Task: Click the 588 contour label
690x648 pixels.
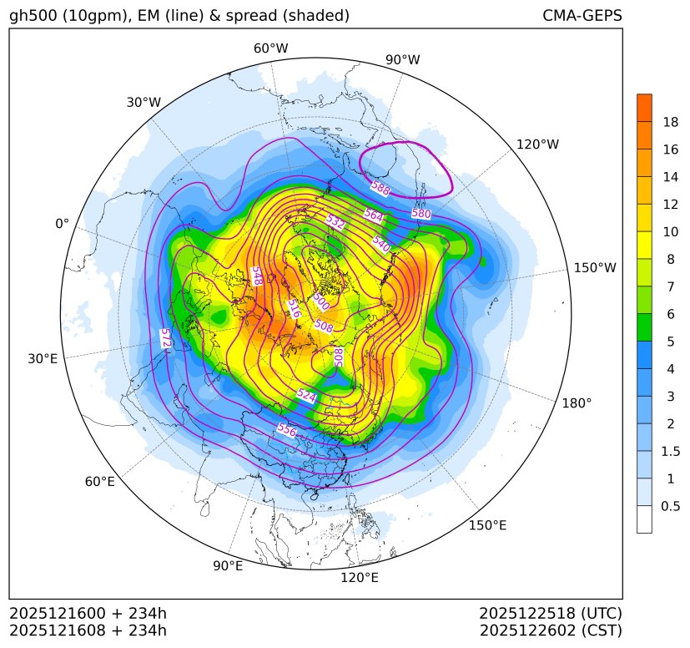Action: click(x=380, y=189)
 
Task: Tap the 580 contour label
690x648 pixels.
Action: click(x=421, y=214)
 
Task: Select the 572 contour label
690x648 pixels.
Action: click(x=165, y=339)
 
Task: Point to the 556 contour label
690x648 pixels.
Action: click(x=286, y=430)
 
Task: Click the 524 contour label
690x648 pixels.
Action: click(x=306, y=396)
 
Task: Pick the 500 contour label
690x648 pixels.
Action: click(x=320, y=300)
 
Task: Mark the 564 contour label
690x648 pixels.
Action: click(x=373, y=215)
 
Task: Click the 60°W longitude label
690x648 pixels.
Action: click(x=270, y=48)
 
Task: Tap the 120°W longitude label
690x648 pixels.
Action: click(x=537, y=144)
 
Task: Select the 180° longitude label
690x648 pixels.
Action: click(x=577, y=402)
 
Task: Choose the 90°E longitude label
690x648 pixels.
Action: click(x=228, y=566)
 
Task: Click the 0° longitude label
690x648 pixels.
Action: click(x=62, y=224)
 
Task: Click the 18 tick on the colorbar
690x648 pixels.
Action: click(x=670, y=123)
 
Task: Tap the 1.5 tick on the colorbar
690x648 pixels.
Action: click(x=670, y=451)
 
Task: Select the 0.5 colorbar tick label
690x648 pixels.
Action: click(x=670, y=506)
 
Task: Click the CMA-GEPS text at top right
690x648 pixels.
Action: click(x=582, y=16)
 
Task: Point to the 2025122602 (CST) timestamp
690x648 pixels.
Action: click(x=551, y=630)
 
